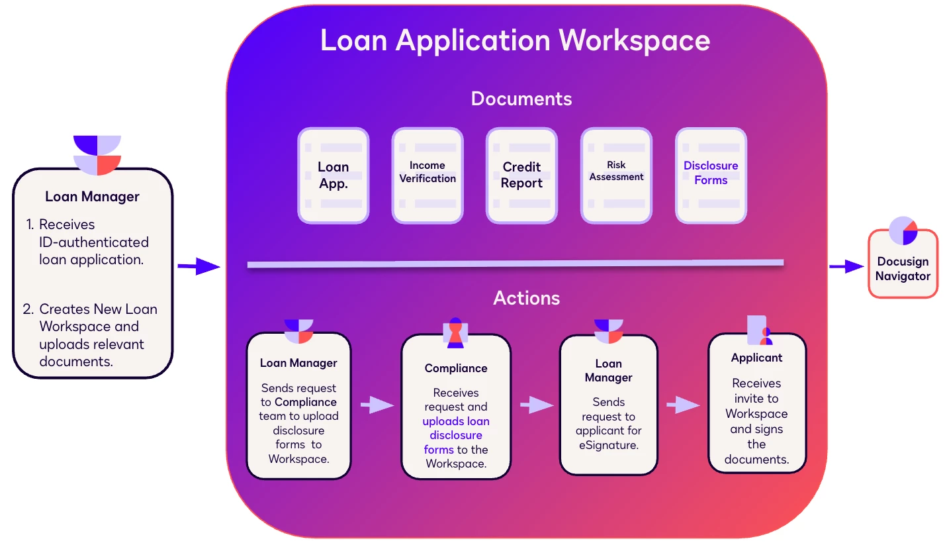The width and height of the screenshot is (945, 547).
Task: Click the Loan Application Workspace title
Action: [515, 40]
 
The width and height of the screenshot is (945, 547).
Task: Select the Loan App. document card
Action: [334, 175]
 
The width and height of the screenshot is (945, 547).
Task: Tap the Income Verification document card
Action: [427, 175]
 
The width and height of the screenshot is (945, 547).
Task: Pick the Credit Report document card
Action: [521, 175]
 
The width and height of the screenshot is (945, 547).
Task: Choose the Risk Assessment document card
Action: [616, 175]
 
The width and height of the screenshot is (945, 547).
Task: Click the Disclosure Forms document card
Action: [711, 175]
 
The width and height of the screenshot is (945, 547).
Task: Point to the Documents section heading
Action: [521, 99]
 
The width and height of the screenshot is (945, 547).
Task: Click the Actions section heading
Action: [527, 298]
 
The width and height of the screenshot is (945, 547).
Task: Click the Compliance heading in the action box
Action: [456, 368]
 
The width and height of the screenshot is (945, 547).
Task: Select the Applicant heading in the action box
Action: [756, 358]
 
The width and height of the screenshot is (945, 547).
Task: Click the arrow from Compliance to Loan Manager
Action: [536, 405]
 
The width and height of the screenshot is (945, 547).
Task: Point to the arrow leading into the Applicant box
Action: [683, 405]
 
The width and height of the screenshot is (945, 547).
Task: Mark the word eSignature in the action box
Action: [609, 445]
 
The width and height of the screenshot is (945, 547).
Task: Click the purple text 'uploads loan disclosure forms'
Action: [456, 435]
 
